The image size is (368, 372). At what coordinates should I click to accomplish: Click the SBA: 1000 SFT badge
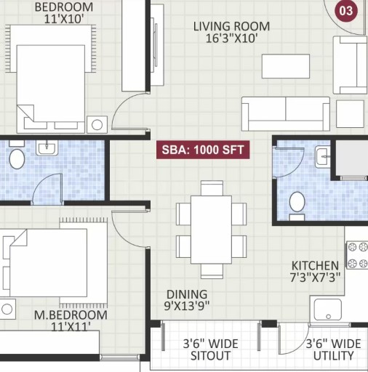pos(203,150)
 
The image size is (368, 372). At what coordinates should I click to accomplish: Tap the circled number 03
pos(346,11)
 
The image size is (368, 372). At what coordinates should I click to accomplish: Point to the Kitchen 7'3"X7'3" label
pos(315,272)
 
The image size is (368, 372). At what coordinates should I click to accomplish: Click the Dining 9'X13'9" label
pos(187,300)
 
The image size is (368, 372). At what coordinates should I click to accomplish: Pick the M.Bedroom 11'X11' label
pos(71,320)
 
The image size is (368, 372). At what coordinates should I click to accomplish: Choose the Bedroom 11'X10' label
pos(64,13)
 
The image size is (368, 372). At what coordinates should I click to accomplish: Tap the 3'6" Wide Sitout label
pos(210,349)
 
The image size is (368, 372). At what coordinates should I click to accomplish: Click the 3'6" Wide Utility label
pos(333,349)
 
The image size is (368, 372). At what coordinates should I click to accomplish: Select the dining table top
pos(211,230)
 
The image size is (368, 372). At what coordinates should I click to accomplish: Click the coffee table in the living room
pos(286,66)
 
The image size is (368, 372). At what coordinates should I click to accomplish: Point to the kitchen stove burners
pos(357,255)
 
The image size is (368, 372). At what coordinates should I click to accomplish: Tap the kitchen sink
pos(328,310)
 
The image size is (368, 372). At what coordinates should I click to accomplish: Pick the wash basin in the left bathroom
pos(47,147)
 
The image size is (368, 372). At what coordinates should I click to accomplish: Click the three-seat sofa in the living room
pos(286,114)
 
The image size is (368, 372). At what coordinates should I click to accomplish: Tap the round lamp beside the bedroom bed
pos(97,125)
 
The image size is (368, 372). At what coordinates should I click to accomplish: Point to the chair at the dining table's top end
pos(212,188)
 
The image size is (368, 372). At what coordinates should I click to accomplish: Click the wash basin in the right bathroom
pos(323,157)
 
